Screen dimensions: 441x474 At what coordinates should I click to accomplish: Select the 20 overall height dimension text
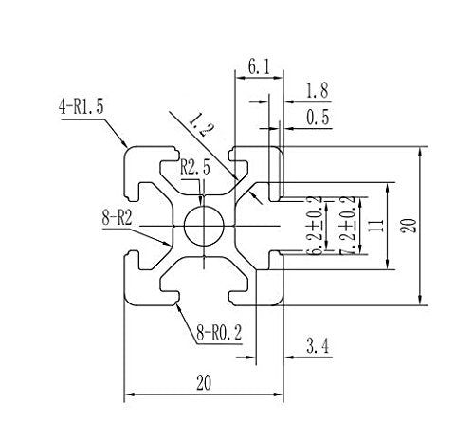[407, 226]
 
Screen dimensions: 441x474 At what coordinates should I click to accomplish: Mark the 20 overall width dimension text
[205, 382]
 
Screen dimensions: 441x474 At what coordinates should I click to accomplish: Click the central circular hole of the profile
[204, 226]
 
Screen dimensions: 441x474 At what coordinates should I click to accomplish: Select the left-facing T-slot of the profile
[142, 226]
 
